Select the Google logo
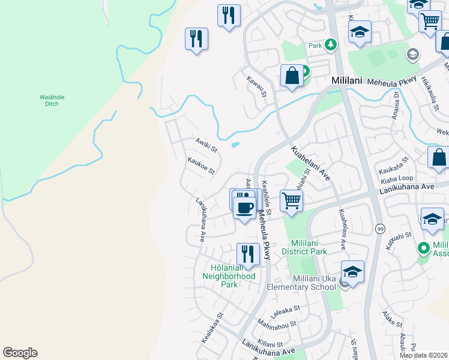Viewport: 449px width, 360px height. (x=20, y=353)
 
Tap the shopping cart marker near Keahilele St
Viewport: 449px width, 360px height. (x=291, y=200)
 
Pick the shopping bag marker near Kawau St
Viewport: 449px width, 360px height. (x=292, y=77)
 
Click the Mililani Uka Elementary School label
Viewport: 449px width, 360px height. (x=315, y=283)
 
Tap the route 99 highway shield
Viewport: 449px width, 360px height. (x=380, y=229)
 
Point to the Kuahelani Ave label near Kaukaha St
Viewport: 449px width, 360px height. (x=311, y=162)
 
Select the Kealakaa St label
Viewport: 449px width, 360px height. (x=212, y=325)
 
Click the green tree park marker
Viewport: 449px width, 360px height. (x=330, y=44)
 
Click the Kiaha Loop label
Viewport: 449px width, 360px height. (x=396, y=178)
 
